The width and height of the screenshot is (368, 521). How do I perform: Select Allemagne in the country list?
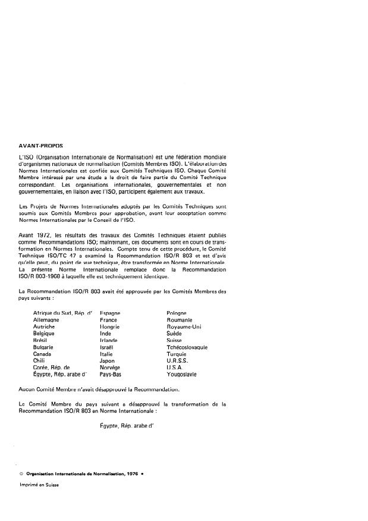pos(48,319)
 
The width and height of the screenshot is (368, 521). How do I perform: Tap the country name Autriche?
pos(46,327)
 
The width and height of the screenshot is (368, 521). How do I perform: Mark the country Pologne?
pos(177,313)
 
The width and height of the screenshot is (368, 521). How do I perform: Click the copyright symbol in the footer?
pos(21,474)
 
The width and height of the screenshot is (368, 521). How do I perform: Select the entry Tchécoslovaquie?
pos(187,347)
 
